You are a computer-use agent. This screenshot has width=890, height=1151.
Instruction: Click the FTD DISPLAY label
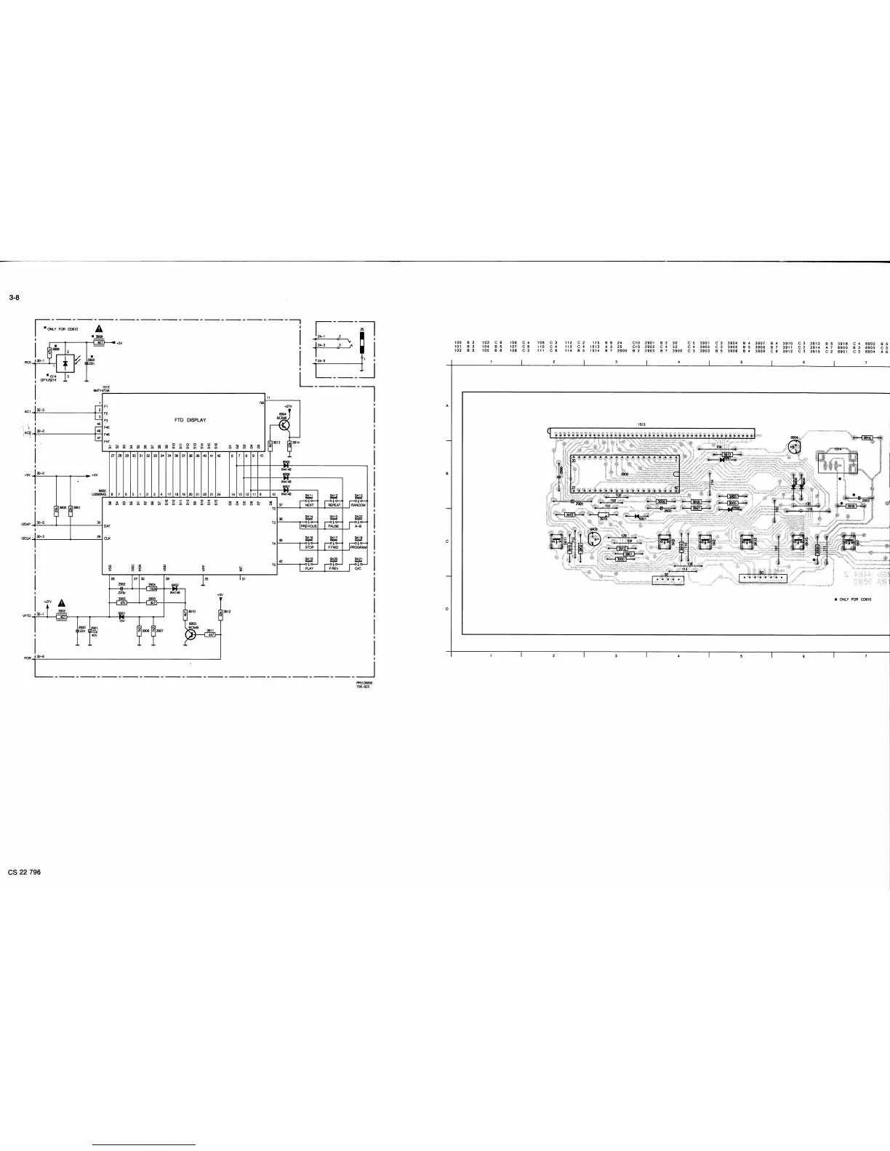[x=191, y=420]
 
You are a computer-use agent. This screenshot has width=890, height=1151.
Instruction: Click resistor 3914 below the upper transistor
[x=289, y=444]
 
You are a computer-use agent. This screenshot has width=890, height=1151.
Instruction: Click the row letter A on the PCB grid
[x=446, y=406]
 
